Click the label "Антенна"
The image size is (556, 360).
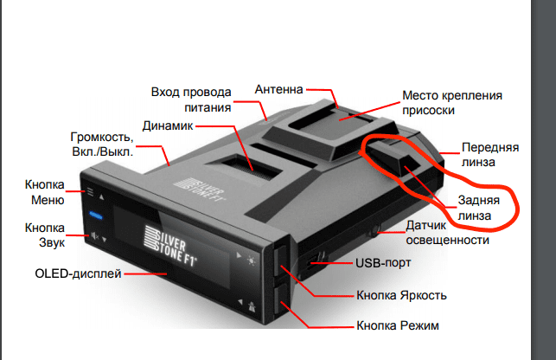[278, 89]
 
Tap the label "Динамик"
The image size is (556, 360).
[168, 125]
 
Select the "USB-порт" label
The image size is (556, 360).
[383, 263]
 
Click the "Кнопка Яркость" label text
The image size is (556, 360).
[401, 295]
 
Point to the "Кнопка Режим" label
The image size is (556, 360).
[398, 325]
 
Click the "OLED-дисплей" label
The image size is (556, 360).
[78, 273]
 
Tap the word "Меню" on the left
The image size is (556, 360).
[48, 200]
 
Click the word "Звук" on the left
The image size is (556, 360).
[52, 243]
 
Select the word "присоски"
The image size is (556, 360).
[428, 111]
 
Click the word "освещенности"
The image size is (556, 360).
[448, 241]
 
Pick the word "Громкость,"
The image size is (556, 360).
[102, 137]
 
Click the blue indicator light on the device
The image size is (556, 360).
[96, 215]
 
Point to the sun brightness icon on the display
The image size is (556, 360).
[252, 261]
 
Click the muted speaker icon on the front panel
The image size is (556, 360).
[94, 235]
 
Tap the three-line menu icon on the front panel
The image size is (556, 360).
[91, 192]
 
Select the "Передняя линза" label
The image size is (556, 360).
[490, 154]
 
